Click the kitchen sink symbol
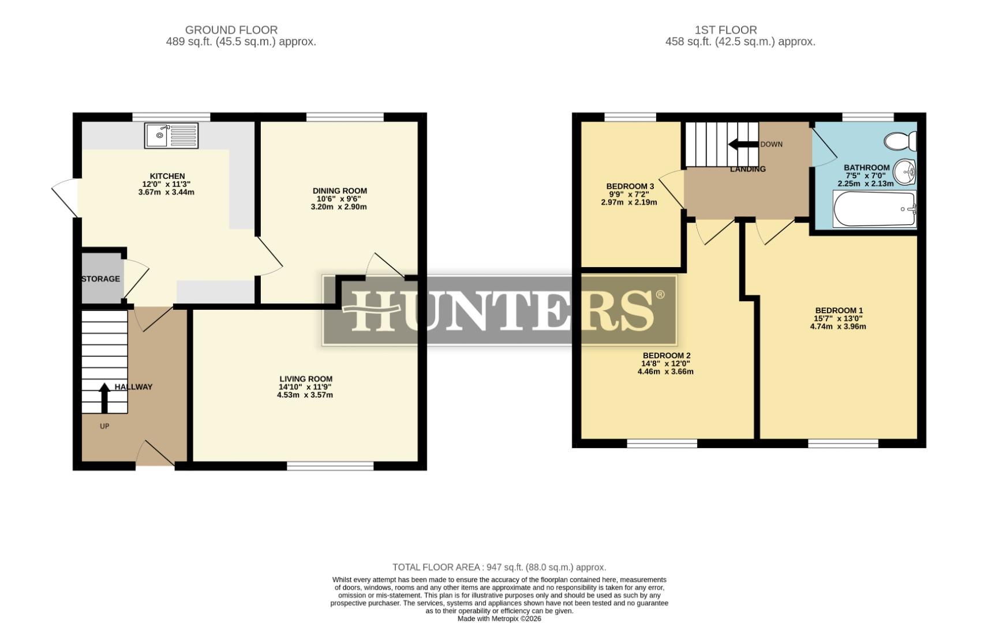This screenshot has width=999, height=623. pos(171,136)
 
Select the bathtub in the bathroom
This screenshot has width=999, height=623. pos(874,209)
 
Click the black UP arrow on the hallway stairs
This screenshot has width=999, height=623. pos(104,398)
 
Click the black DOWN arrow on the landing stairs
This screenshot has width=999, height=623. pos(743,144)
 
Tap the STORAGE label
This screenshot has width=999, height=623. pos(100,279)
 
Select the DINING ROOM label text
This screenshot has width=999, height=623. pos(339,191)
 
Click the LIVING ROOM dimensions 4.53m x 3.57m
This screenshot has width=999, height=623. pos(305,395)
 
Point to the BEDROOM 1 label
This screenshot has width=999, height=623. pos(838,310)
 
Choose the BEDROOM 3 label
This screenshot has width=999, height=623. pos(630,186)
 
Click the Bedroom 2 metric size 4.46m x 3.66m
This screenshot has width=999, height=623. pos(665,371)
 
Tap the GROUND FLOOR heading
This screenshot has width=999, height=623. pos(231,29)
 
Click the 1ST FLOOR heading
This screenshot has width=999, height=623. pos(725,29)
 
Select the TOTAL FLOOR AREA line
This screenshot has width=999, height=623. pos(499,567)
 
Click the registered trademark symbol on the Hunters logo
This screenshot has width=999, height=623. pos(660,295)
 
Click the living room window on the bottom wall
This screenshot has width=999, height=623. pos(330,466)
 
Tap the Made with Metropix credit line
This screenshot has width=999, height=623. pos(499,618)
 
